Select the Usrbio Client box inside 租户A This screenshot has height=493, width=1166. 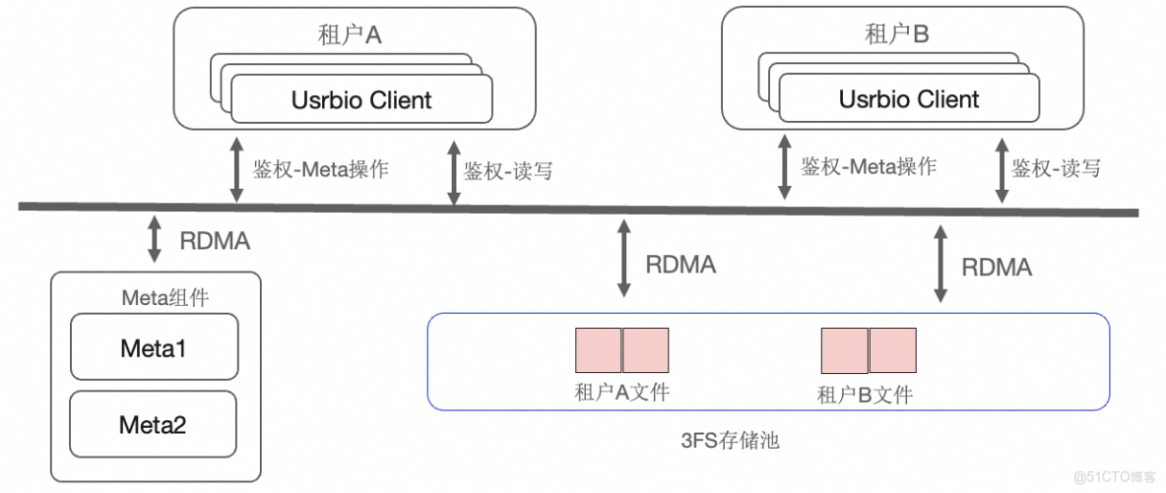point(361,99)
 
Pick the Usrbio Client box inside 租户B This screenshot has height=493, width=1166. point(909,99)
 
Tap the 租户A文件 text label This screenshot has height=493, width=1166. point(621,393)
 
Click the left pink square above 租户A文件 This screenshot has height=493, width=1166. point(598,350)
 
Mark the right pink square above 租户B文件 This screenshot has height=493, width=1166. point(892,350)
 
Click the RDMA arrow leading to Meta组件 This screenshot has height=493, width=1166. point(155,240)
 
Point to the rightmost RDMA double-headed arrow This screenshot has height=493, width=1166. point(940,263)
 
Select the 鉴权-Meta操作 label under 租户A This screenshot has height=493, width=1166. point(320,169)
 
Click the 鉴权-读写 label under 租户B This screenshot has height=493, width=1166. point(1056,168)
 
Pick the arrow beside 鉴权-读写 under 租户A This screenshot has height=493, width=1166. point(453,172)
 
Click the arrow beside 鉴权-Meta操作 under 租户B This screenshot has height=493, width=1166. point(784,168)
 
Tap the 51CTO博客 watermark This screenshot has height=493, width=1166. point(1115,477)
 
